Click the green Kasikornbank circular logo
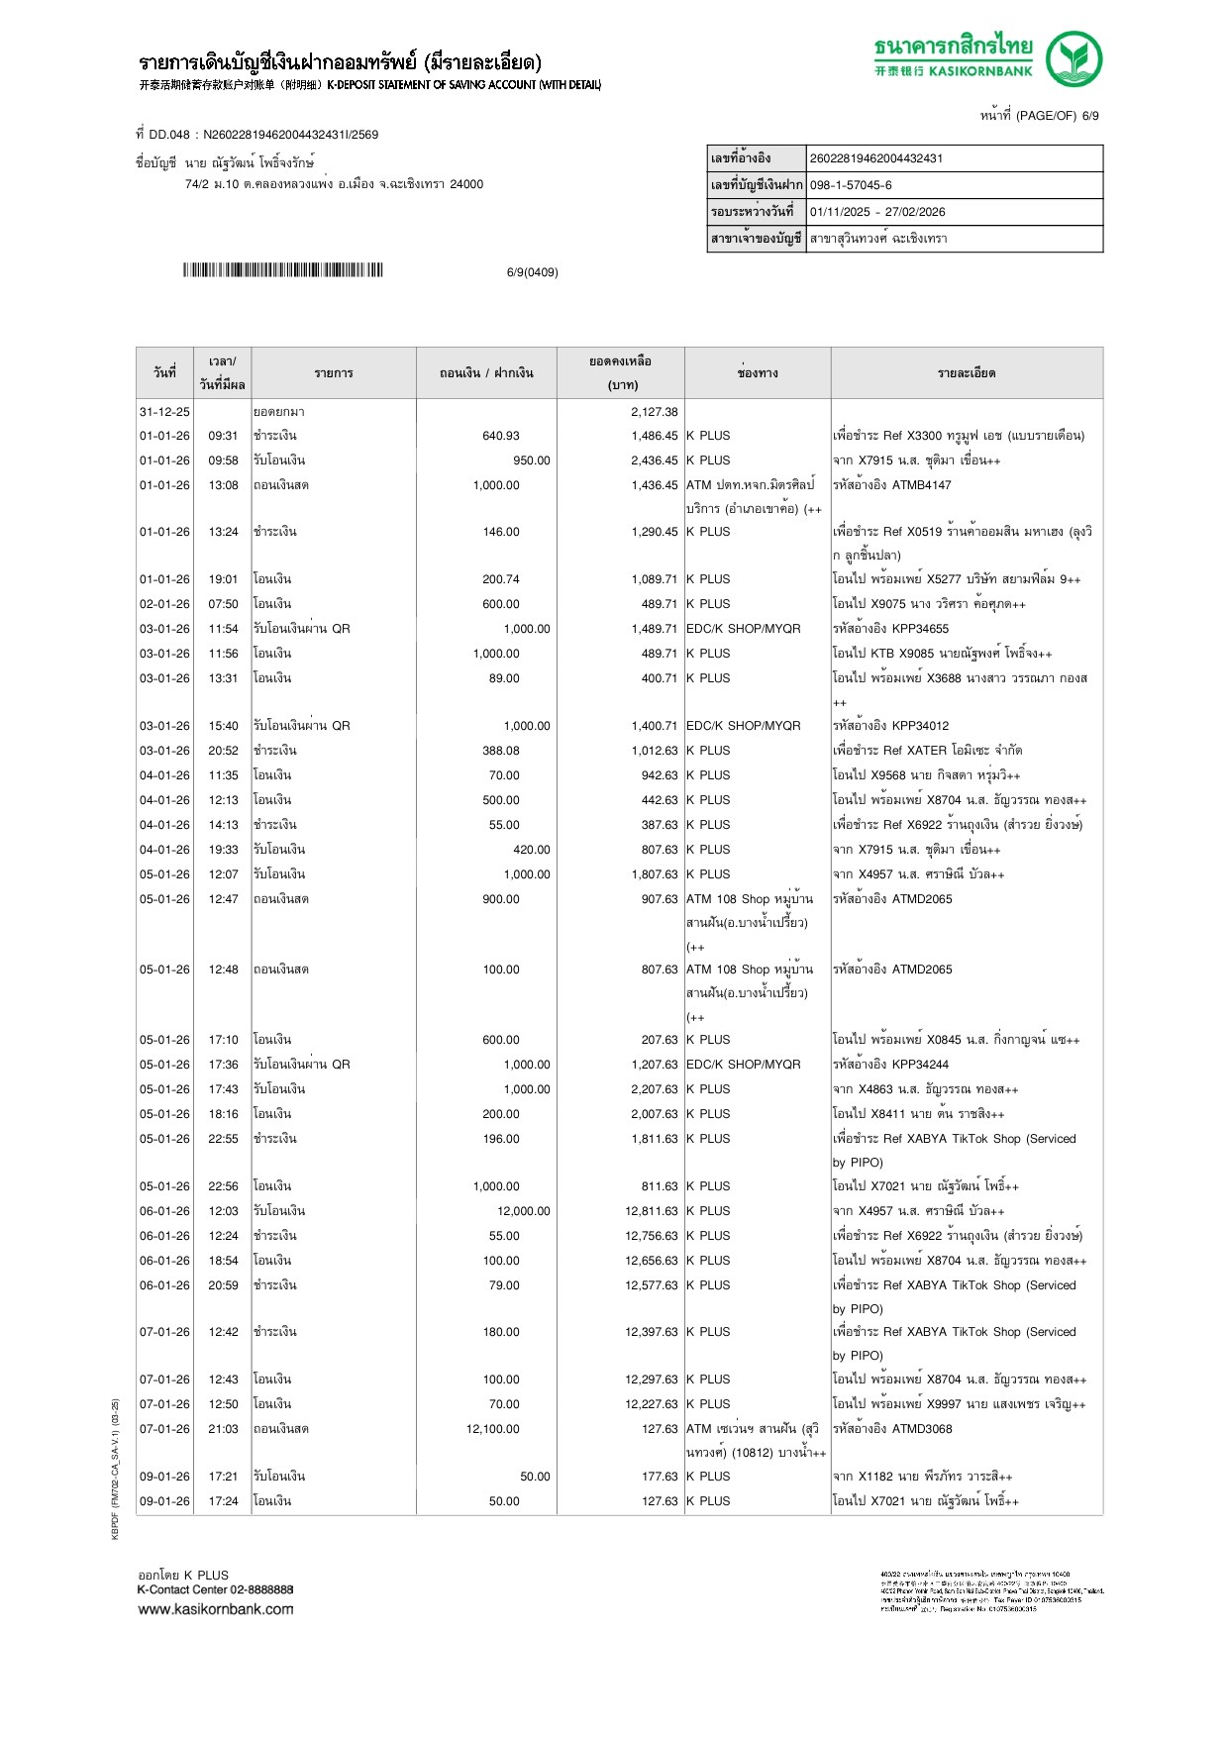point(1074,59)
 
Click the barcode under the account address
point(282,270)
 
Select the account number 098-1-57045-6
point(851,185)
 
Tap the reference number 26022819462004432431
point(876,158)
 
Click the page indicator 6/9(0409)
point(532,272)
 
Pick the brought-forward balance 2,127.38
point(655,412)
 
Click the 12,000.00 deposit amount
point(523,1211)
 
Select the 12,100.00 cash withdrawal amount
point(492,1429)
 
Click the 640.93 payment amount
point(500,436)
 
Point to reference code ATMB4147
point(921,485)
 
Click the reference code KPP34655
point(919,629)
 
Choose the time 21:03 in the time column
point(223,1429)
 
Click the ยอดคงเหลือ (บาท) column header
point(620,372)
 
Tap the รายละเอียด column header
point(966,373)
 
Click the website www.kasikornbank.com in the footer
point(216,1609)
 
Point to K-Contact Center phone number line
point(215,1589)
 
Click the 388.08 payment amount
point(500,751)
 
